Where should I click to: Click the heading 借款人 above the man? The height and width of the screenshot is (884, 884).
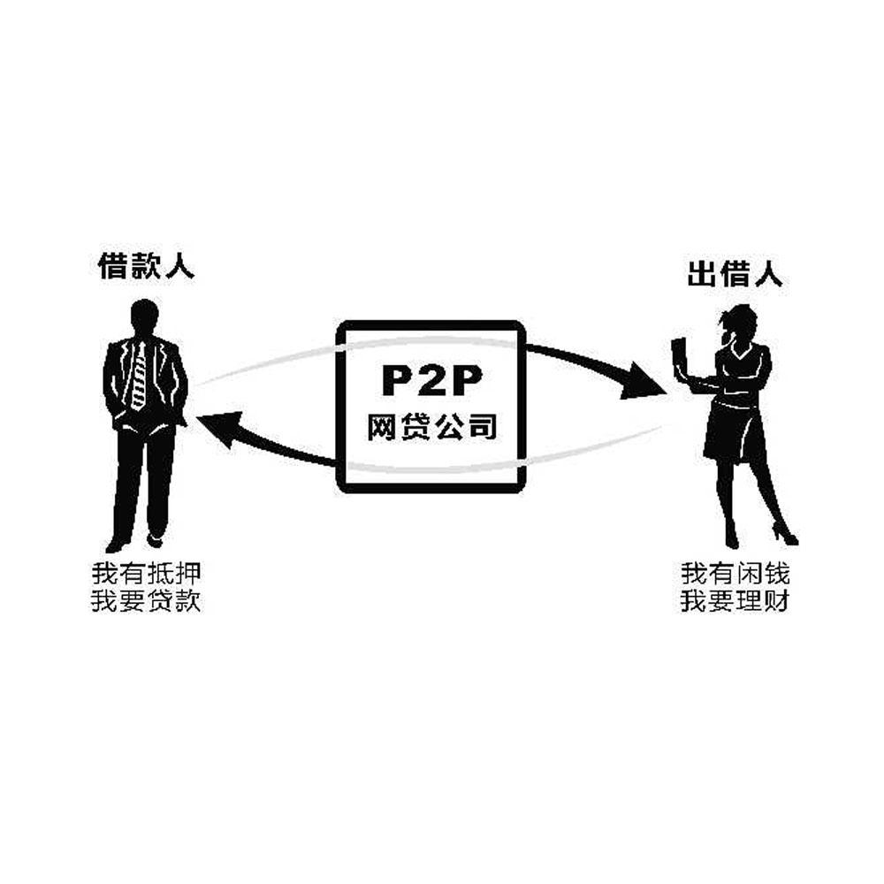click(146, 266)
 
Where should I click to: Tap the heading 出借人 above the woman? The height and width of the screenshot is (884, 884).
click(735, 275)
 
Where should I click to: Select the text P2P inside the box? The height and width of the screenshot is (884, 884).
click(431, 380)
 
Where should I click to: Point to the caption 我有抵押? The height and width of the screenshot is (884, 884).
click(146, 572)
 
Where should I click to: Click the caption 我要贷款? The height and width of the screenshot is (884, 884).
click(146, 602)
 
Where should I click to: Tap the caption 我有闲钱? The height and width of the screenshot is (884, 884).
click(735, 572)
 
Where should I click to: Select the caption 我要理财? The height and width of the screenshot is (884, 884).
click(735, 602)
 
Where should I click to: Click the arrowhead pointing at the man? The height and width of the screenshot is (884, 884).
click(217, 428)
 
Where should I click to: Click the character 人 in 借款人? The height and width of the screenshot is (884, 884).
click(179, 266)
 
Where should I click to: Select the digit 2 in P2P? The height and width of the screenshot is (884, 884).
click(431, 380)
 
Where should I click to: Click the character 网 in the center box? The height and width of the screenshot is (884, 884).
click(382, 427)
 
